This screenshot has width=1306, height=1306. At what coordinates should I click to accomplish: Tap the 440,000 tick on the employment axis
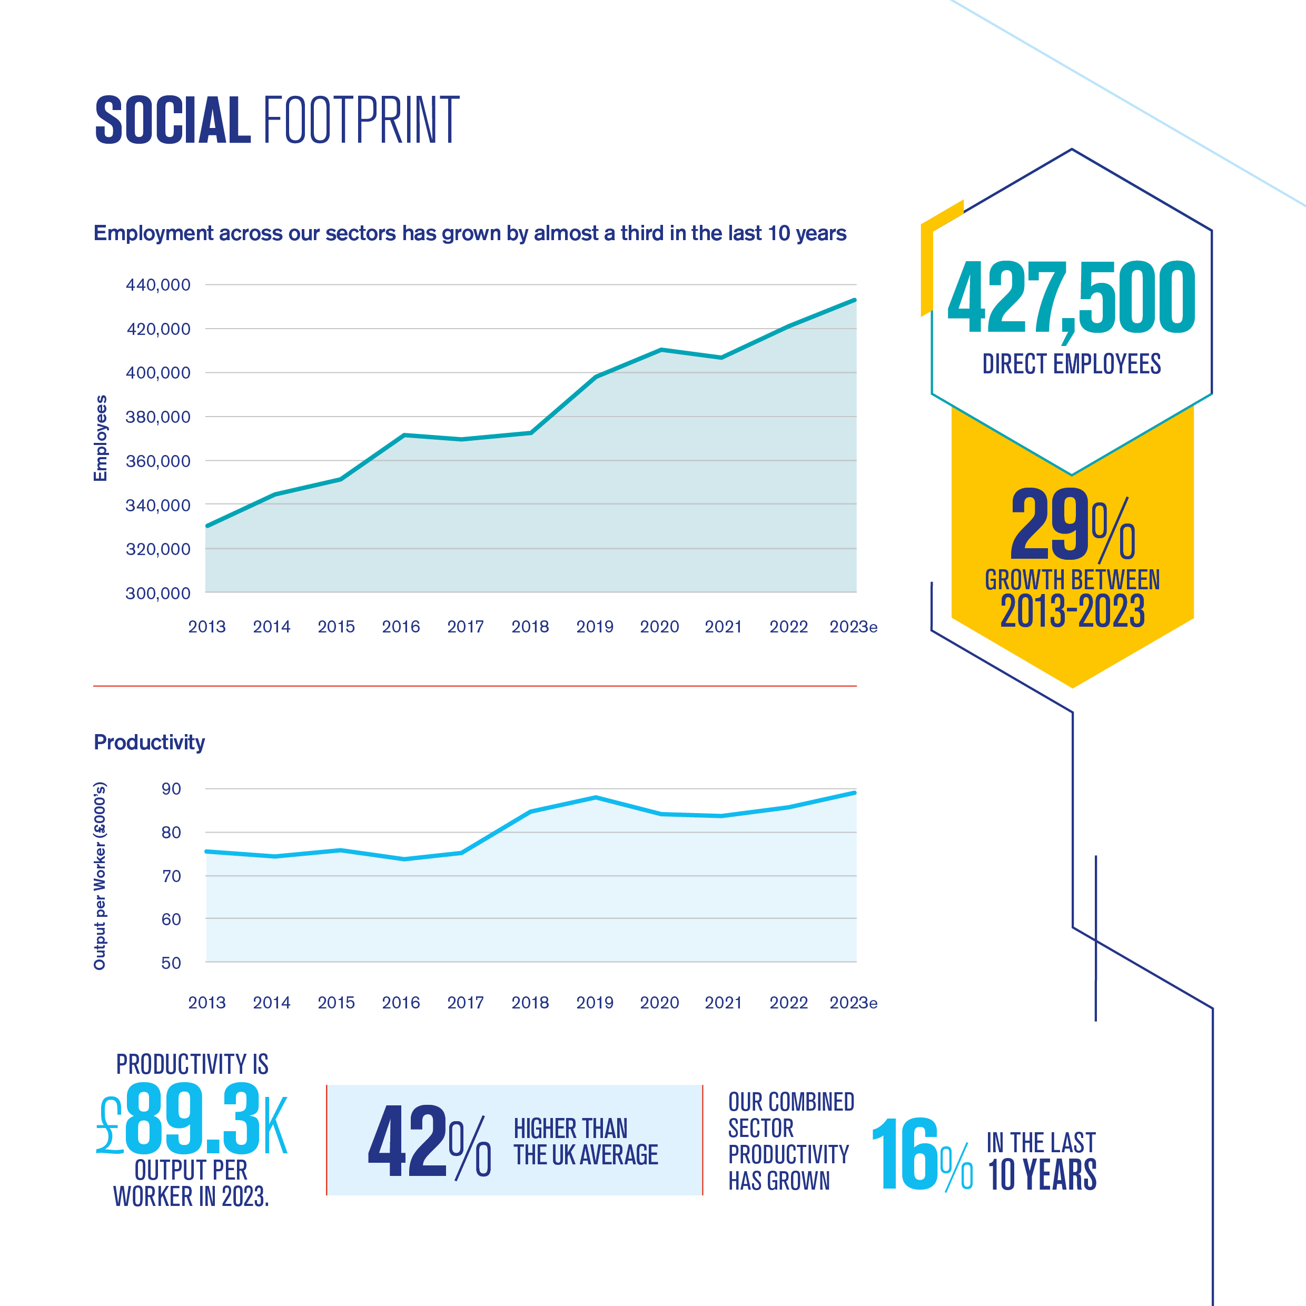coord(158,284)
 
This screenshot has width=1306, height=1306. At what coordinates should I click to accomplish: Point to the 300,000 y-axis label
coord(158,593)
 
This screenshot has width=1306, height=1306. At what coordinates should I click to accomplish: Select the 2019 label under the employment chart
coord(594,627)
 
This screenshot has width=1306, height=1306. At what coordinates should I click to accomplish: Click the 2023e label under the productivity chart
coord(853,1003)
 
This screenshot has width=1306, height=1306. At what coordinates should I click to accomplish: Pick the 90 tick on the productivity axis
coord(171,789)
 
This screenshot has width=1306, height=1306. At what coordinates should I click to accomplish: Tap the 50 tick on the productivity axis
coord(171,963)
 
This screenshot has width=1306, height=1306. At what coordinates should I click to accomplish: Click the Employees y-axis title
coord(100,438)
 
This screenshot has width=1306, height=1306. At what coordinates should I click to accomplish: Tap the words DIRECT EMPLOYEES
coord(1072,364)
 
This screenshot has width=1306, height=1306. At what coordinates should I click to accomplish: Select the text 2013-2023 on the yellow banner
coord(1072,611)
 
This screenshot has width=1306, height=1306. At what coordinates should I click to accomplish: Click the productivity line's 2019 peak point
coord(596,798)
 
